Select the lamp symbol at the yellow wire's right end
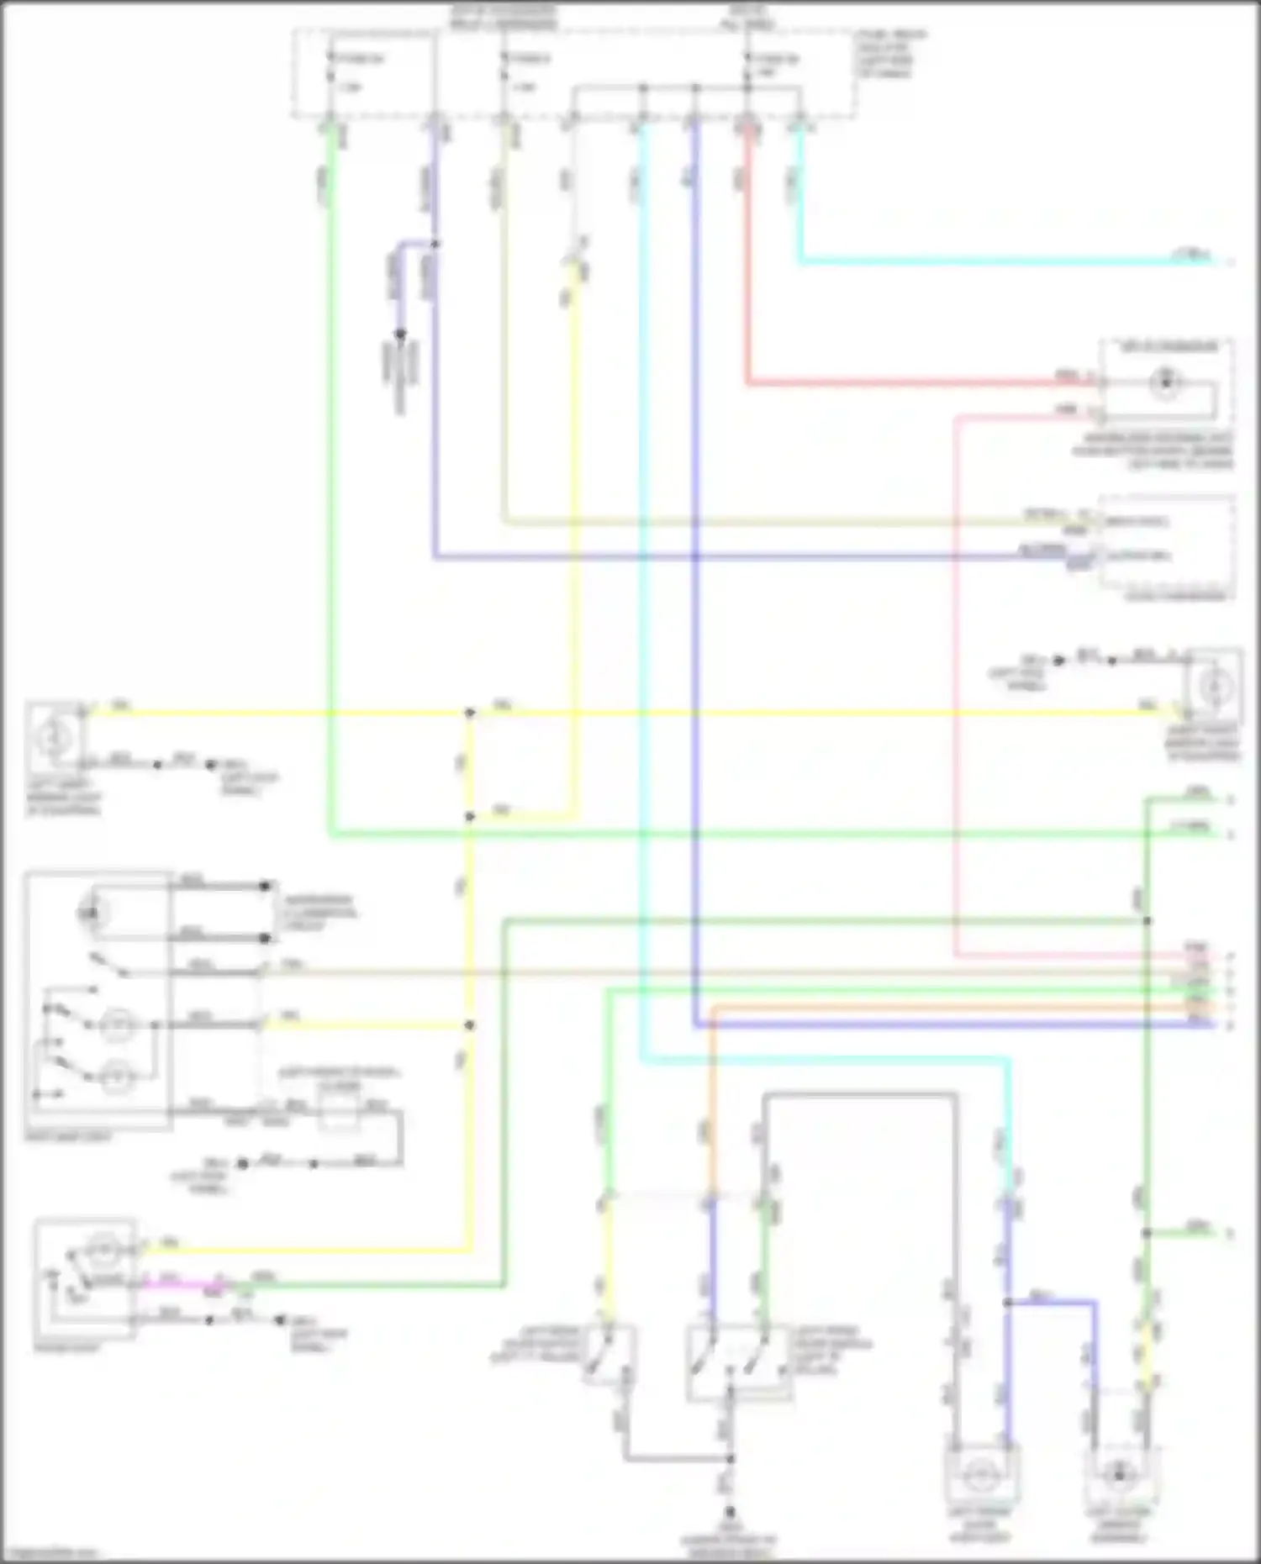1213,687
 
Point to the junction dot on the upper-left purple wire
435,245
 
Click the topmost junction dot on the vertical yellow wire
470,713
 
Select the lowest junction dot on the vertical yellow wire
470,1025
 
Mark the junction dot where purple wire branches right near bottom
1007,1303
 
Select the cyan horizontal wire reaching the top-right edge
1009,263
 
